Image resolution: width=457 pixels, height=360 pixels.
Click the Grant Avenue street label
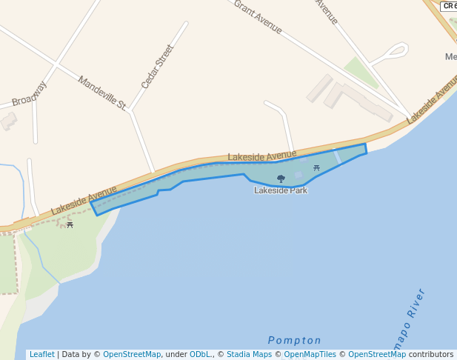258,16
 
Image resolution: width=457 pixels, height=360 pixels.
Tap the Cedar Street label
157,67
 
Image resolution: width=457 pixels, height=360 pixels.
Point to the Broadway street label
30,93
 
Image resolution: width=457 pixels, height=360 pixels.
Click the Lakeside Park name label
281,190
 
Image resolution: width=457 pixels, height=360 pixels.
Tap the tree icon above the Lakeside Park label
281,179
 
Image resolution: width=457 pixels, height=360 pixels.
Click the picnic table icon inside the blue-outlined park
316,168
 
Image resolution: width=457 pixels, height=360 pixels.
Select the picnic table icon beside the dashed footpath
70,224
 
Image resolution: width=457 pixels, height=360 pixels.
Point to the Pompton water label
295,341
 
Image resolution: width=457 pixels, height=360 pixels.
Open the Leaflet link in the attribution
41,355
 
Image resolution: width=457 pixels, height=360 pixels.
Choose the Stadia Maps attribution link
249,355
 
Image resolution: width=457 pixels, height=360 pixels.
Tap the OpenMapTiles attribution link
310,355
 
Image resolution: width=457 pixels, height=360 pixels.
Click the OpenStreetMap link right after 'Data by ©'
132,355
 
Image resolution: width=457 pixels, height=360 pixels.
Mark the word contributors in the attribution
431,355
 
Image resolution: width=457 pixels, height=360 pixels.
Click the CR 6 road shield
449,6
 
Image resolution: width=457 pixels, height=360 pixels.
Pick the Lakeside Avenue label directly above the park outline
261,156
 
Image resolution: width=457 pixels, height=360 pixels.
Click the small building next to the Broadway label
8,121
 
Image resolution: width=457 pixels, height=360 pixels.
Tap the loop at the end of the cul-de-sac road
397,51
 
